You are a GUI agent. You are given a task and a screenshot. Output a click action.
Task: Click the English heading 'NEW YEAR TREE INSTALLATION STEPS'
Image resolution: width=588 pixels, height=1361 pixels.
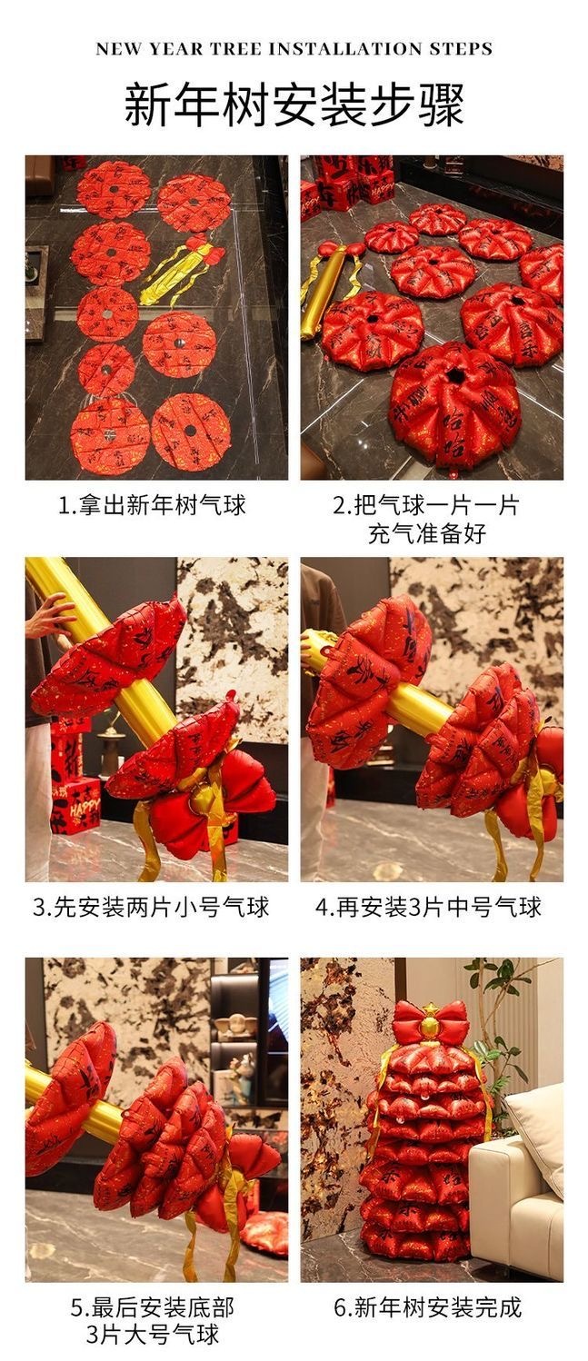[x=294, y=49]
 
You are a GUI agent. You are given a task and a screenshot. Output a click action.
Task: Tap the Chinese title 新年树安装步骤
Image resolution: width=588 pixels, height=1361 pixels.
[x=294, y=105]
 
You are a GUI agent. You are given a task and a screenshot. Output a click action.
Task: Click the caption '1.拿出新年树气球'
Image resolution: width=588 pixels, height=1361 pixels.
[x=152, y=505]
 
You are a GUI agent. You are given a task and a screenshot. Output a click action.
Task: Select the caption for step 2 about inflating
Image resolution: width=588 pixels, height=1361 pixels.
[x=426, y=519]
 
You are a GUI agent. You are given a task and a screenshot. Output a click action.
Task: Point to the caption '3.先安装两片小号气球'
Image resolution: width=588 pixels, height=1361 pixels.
[x=151, y=907]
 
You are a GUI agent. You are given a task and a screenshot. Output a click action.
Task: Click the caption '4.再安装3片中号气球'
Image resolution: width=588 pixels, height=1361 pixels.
[x=427, y=907]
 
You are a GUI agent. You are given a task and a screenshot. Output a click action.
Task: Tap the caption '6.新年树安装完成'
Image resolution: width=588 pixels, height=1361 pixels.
[x=427, y=1307]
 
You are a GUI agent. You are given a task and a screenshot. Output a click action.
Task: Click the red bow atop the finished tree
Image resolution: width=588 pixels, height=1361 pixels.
[x=431, y=1023]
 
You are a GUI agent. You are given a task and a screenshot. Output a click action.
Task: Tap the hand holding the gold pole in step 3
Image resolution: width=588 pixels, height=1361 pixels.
[x=52, y=613]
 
